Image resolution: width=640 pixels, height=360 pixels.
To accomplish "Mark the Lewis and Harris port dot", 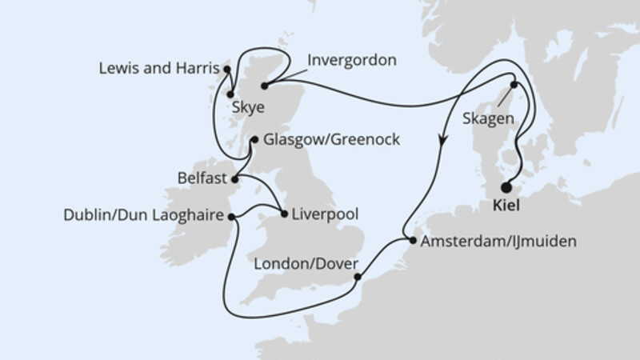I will click(227, 69).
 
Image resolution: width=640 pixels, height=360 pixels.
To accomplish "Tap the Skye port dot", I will click(231, 94).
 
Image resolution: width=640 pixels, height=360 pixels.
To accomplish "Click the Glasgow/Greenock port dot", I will click(254, 140).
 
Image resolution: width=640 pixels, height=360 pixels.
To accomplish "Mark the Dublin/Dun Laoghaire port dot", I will click(231, 216).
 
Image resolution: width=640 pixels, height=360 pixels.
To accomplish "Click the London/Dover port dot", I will click(357, 278).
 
